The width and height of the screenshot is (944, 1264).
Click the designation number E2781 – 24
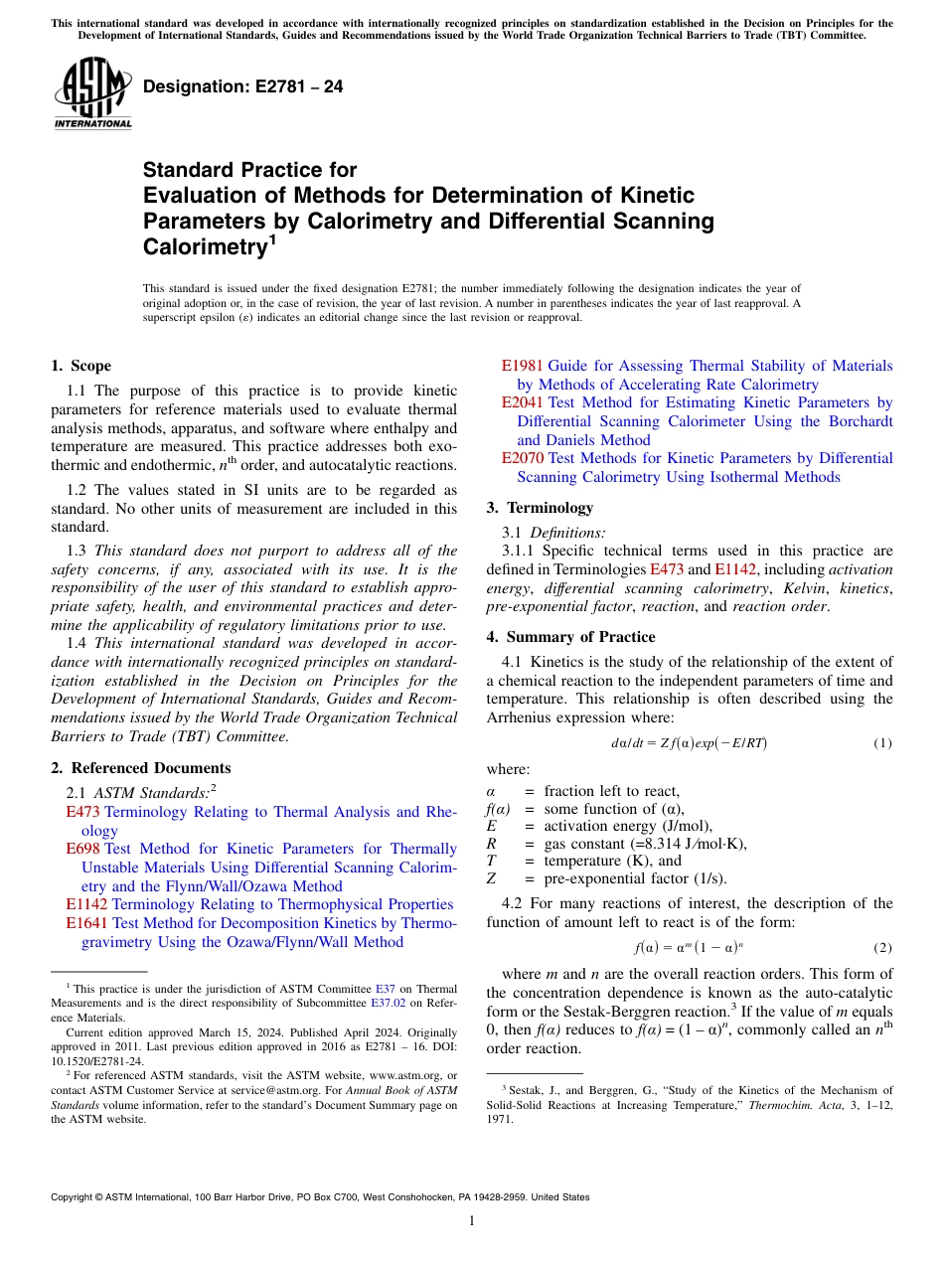242,86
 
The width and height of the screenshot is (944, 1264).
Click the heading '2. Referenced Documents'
141,768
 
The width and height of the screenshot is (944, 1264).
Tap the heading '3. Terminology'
540,508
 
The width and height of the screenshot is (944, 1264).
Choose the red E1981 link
522,366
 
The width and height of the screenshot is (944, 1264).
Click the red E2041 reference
522,402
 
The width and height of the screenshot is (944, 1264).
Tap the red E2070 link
522,458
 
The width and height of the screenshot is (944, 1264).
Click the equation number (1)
882,743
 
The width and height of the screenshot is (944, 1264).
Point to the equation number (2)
882,948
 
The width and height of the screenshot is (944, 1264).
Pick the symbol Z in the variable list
491,878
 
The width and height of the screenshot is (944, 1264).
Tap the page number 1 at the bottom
472,1221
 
